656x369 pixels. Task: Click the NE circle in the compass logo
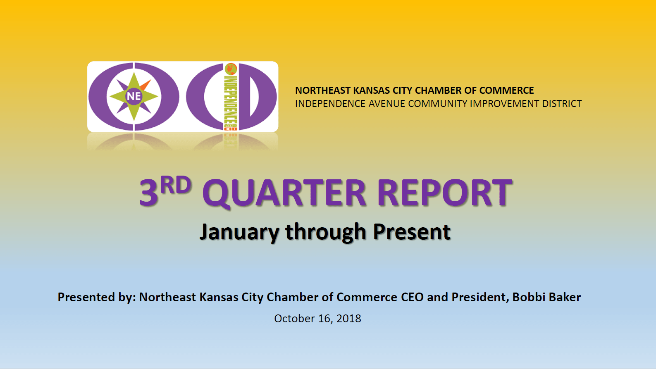tap(134, 96)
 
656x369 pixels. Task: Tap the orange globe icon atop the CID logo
tap(231, 69)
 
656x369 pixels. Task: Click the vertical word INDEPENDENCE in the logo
tap(231, 99)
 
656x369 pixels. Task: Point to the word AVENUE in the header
tap(386, 104)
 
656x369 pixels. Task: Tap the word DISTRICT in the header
tap(562, 104)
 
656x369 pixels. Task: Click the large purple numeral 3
tap(148, 193)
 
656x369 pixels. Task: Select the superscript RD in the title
tap(176, 185)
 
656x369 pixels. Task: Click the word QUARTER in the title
tap(284, 193)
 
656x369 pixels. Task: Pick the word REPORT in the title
tap(445, 193)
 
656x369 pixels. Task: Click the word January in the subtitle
tap(239, 232)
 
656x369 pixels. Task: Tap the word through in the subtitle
tap(326, 232)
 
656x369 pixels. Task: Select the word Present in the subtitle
tap(412, 232)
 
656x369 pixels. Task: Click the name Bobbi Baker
tap(546, 297)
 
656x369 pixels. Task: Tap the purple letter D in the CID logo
tap(258, 96)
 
